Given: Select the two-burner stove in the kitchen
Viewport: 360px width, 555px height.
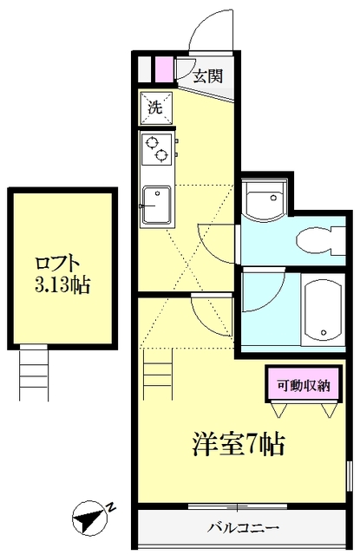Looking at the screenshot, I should [x=158, y=150].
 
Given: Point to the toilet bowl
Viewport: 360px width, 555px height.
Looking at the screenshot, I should [x=309, y=238].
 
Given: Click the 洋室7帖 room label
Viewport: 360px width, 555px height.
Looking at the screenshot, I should [x=238, y=444].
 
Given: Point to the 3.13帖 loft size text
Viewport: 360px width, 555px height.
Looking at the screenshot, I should [x=62, y=284].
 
